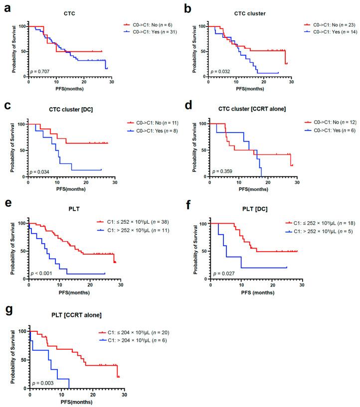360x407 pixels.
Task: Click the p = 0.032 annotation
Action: (x=220, y=71)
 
